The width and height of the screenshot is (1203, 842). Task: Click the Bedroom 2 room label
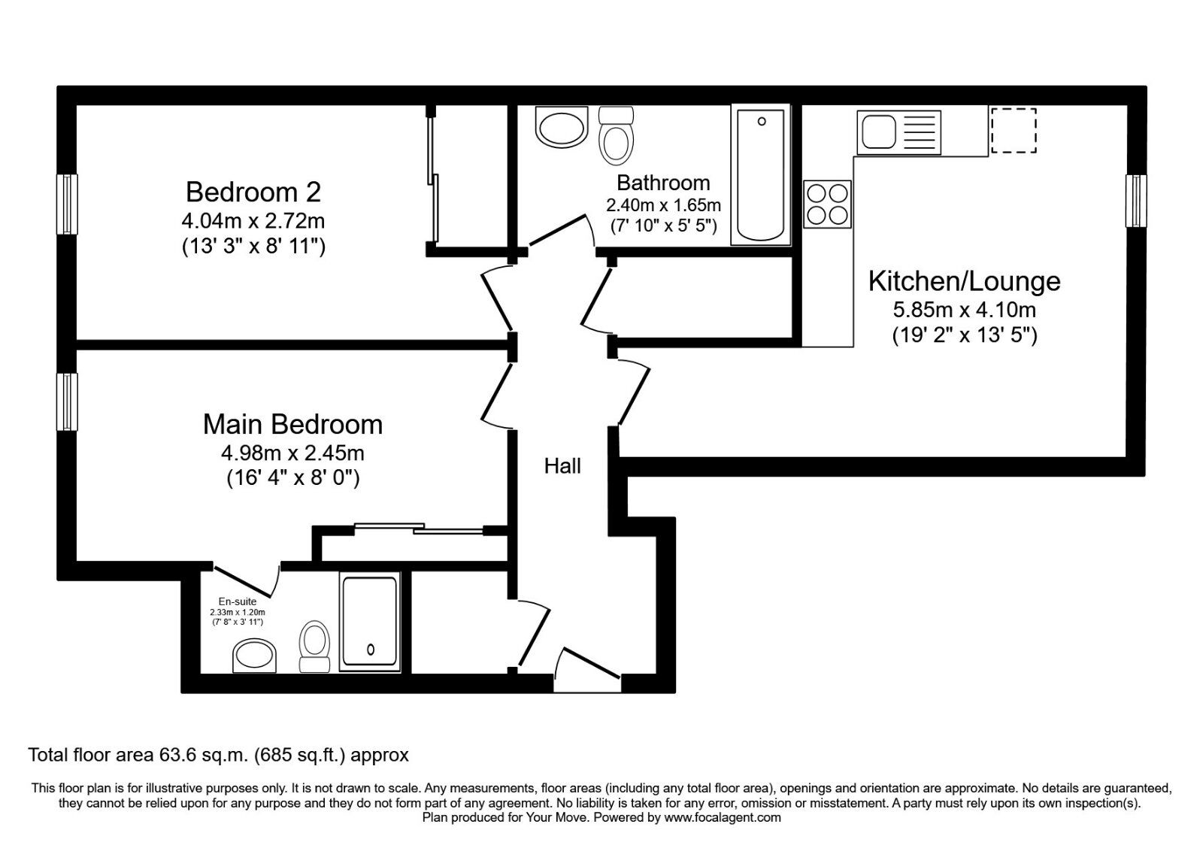tap(253, 192)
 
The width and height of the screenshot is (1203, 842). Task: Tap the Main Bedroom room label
tap(292, 424)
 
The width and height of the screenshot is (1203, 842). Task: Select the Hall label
tap(562, 466)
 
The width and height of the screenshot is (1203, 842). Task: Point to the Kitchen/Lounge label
tap(964, 282)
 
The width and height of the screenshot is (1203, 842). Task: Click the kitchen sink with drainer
tap(898, 132)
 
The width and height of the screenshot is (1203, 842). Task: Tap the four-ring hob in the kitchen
tap(827, 204)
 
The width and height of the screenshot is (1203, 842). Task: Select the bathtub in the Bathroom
tap(760, 175)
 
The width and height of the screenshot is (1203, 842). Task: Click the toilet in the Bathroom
tap(616, 136)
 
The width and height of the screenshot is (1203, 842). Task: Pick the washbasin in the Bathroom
tap(561, 127)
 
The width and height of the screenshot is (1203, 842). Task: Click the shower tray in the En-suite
tap(370, 622)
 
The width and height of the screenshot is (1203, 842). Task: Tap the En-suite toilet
tap(315, 647)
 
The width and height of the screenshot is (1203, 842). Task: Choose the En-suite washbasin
tap(254, 656)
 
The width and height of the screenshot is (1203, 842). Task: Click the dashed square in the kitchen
tap(1014, 130)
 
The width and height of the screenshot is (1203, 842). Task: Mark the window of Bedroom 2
tap(67, 204)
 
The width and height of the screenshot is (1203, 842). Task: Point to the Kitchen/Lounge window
tap(1136, 201)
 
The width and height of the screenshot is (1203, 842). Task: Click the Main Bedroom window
tap(67, 402)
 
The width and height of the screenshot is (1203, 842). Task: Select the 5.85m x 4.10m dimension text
tap(965, 310)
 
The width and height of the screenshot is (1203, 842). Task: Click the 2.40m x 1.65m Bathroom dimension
tap(663, 205)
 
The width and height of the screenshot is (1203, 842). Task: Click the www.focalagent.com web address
tap(723, 818)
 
